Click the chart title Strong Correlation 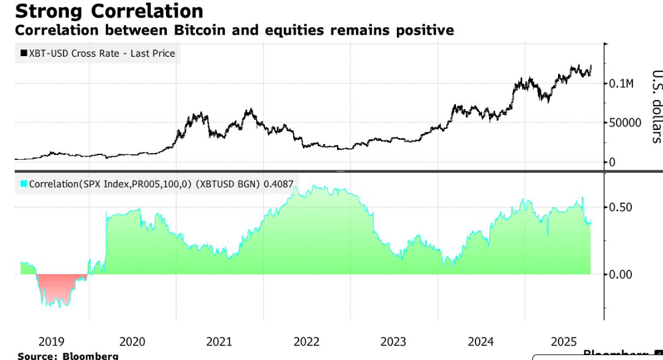point(109,11)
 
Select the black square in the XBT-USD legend point(24,54)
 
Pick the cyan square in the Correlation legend point(24,184)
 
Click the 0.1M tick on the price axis point(621,84)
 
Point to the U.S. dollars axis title point(656,106)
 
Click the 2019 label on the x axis point(51,342)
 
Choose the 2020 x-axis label point(132,342)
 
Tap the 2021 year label point(219,342)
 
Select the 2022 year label point(306,342)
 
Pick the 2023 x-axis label point(393,342)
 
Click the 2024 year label point(480,342)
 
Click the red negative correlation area point(57,288)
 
